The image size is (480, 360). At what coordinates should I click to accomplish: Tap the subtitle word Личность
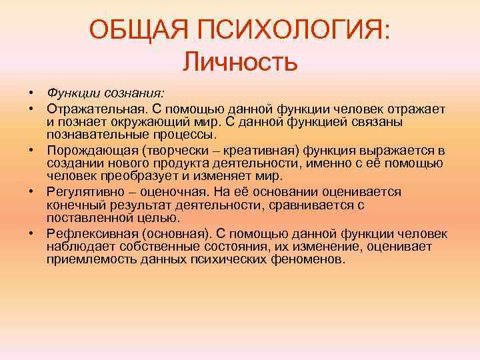click(239, 63)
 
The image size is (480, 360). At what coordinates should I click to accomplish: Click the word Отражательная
click(89, 108)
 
